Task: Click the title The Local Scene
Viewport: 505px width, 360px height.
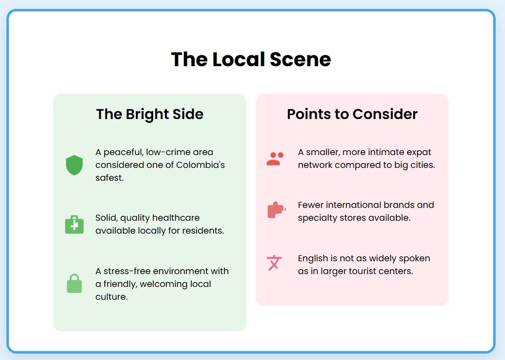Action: [x=251, y=59]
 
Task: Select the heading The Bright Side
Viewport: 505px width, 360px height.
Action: [x=150, y=114]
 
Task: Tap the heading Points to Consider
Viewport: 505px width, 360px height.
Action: [x=352, y=114]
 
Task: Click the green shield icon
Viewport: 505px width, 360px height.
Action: [x=75, y=165]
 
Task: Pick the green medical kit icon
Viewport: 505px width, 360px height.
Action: [x=75, y=224]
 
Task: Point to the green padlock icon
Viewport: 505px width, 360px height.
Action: [x=75, y=283]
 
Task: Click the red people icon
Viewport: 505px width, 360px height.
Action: [x=275, y=159]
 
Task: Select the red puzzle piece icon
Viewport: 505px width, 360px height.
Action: [x=276, y=210]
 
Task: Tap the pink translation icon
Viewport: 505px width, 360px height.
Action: [x=274, y=263]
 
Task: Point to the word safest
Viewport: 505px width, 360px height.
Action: [x=110, y=178]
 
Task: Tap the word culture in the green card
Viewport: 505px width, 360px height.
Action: [x=112, y=297]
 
